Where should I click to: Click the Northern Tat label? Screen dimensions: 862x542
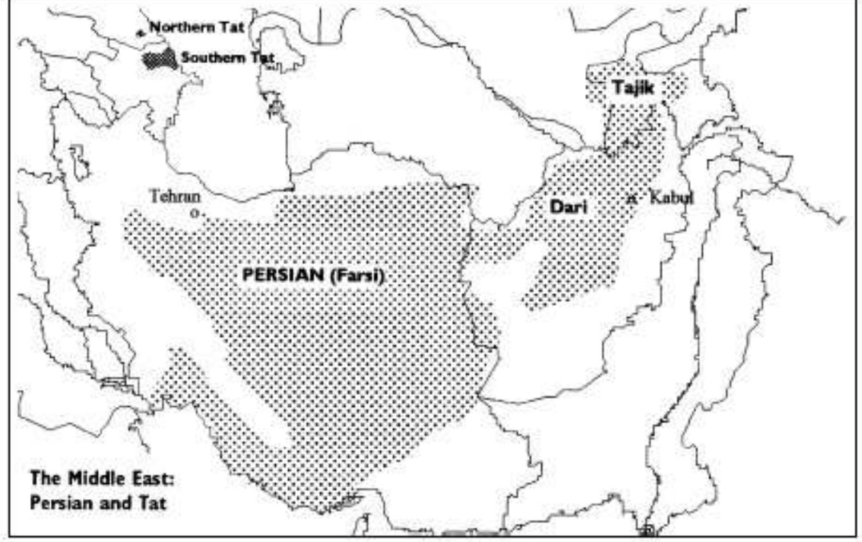197,27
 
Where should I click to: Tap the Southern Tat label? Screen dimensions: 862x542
227,58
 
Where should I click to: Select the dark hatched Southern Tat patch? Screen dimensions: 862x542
159,59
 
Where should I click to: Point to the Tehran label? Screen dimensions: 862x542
175,197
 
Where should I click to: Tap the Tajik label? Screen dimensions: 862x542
633,88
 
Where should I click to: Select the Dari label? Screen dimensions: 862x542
569,207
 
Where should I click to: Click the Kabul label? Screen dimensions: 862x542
671,198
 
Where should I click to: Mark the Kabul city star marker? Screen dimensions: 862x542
631,199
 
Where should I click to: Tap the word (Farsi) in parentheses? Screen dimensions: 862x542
357,275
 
